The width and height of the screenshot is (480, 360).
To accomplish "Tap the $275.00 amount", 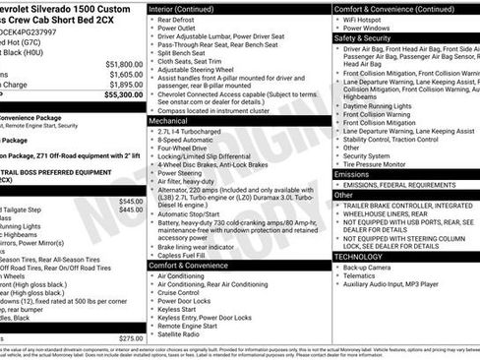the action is click(131, 337).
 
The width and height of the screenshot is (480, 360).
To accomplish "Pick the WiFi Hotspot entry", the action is click(366, 19).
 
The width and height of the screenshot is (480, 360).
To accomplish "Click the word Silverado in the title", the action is click(68, 8).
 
